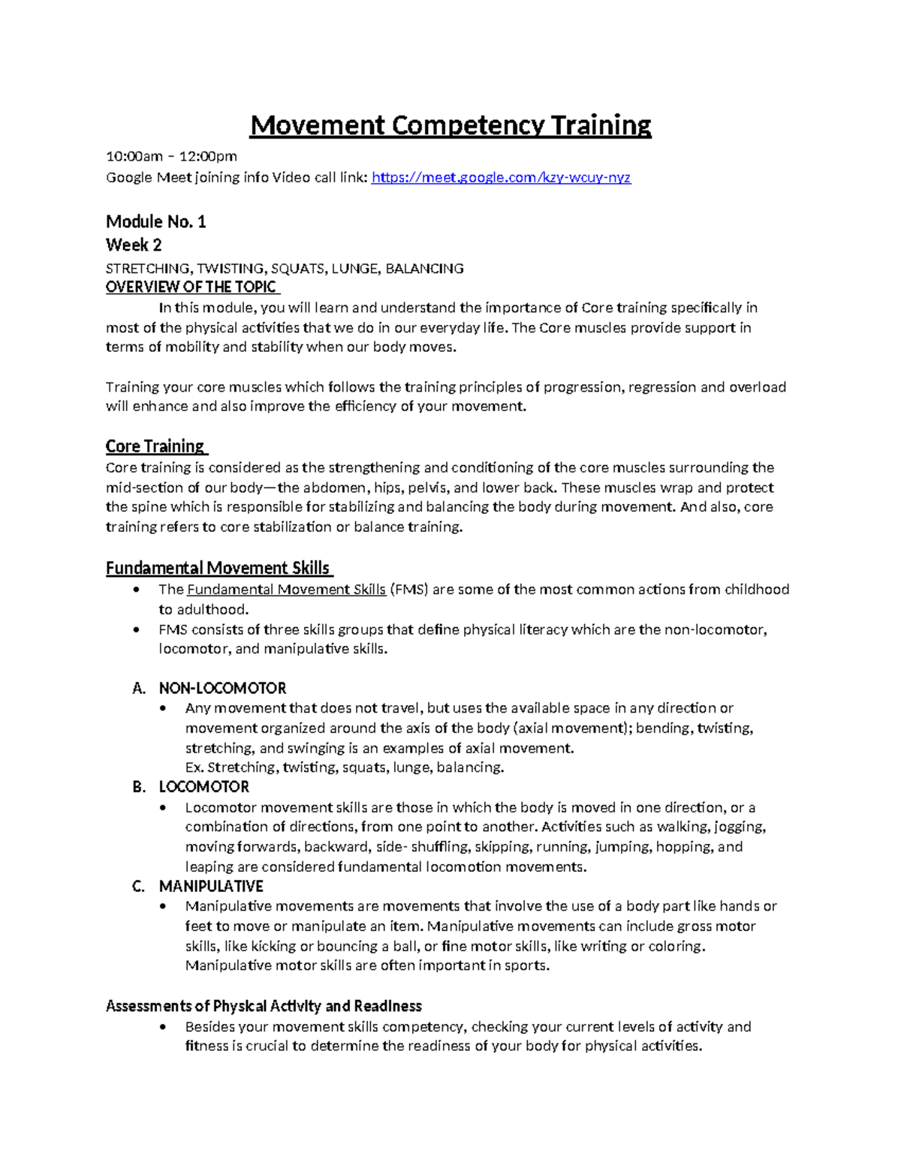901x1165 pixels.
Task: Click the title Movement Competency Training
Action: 450,125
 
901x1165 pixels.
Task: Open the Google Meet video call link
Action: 501,178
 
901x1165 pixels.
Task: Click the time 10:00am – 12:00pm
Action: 171,157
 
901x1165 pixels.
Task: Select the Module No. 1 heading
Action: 155,222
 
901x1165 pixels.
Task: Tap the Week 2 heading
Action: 134,245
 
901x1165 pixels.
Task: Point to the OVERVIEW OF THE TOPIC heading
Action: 191,287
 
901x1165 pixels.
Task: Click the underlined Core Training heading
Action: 155,446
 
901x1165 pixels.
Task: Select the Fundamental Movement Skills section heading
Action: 218,568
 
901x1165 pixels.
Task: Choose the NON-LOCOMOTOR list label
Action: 222,689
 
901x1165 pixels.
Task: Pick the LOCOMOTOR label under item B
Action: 203,787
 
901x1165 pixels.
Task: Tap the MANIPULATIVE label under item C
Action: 211,887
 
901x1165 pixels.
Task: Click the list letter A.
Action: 138,689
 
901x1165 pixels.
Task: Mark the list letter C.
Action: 138,887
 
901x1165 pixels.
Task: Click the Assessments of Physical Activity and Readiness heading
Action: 264,1007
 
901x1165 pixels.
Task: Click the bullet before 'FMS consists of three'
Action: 136,630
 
